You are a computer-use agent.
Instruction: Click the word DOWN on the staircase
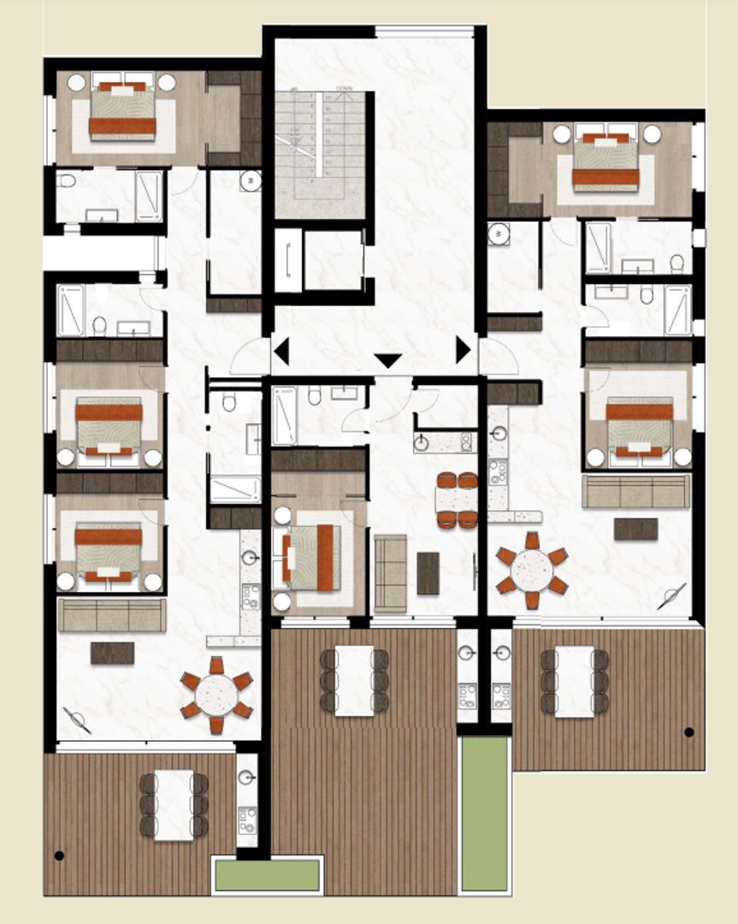(345, 88)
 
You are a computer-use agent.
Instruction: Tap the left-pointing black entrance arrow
(280, 351)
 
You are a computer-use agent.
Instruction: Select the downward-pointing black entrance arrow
(387, 361)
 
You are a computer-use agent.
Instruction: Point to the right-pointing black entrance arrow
(463, 350)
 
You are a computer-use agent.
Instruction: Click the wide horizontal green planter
(267, 874)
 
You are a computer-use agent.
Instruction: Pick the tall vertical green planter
(484, 814)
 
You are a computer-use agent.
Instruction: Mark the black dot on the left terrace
(59, 855)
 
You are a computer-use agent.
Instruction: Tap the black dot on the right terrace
(688, 731)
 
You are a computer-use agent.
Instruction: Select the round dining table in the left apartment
(216, 695)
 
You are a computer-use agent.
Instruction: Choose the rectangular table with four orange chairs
(457, 500)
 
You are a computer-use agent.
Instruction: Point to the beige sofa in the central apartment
(391, 573)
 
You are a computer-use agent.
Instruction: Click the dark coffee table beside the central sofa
(428, 573)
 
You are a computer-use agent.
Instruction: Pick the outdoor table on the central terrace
(354, 680)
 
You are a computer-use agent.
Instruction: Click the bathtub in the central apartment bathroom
(284, 415)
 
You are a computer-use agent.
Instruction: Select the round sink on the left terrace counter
(247, 778)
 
